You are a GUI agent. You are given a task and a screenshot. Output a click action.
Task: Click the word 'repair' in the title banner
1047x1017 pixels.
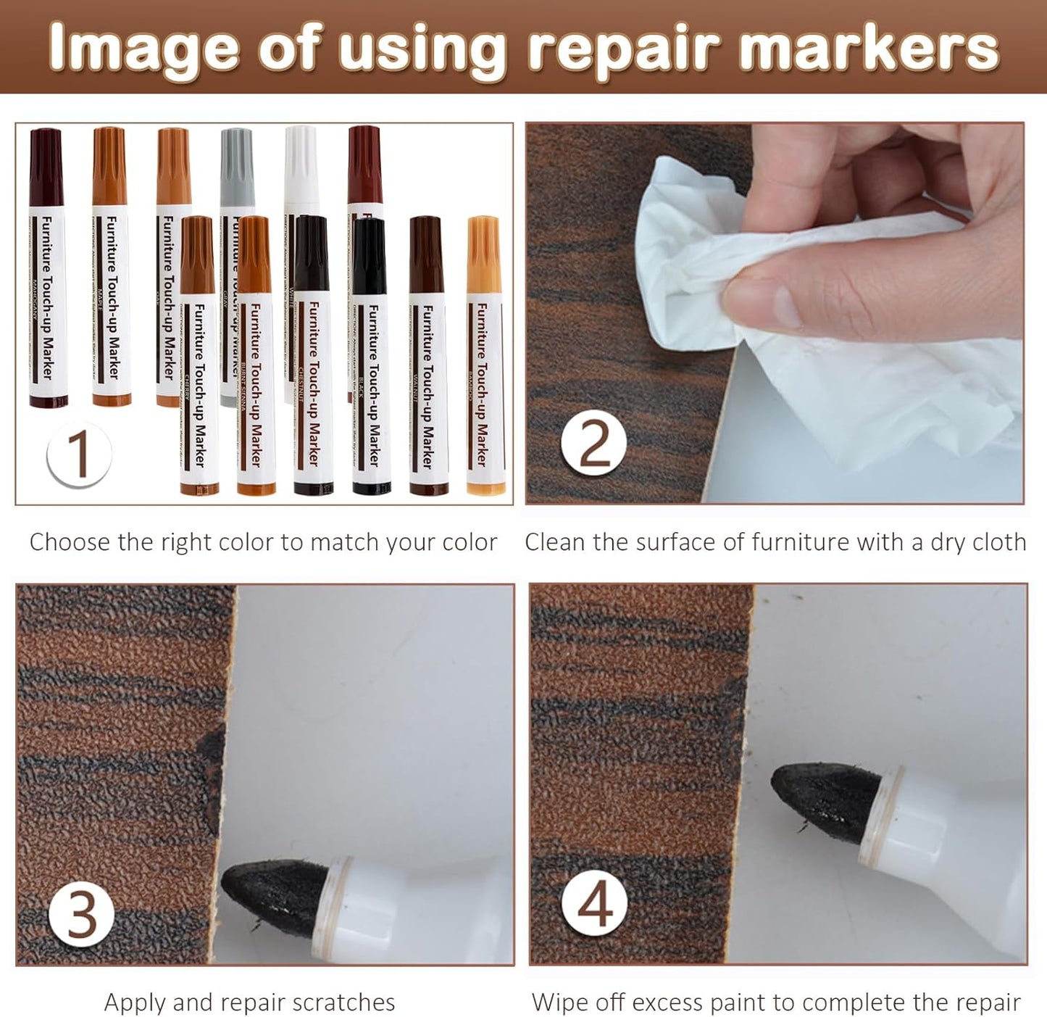[623, 49]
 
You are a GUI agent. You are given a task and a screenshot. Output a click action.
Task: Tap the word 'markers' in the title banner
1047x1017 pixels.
[869, 49]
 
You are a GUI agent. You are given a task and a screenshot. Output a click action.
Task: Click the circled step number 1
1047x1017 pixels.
[78, 455]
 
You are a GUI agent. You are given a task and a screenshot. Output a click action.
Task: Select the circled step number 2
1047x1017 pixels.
[594, 443]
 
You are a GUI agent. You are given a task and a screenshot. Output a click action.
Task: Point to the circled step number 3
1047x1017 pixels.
[81, 914]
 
